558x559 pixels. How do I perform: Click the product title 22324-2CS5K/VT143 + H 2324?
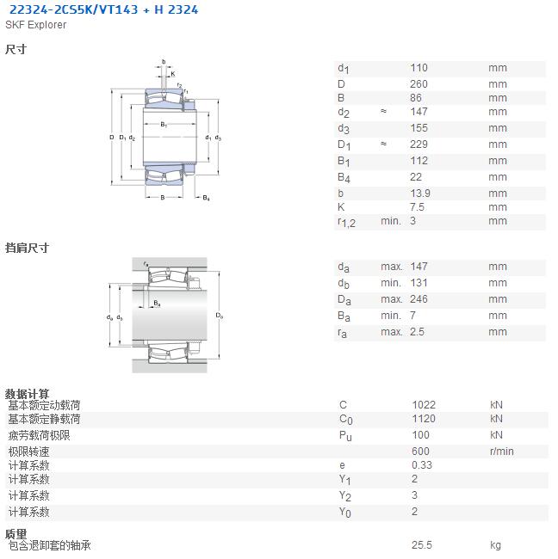(x=103, y=9)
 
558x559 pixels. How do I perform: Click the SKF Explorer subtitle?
(x=35, y=25)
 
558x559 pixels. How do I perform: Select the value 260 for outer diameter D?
(x=418, y=84)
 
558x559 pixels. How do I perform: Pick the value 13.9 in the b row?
(x=420, y=193)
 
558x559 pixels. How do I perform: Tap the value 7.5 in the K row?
(x=418, y=207)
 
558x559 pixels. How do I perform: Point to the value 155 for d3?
(x=418, y=128)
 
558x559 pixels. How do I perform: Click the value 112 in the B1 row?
(x=418, y=161)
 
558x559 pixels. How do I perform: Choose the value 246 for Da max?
(x=418, y=299)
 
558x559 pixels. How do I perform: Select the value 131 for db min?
(x=418, y=283)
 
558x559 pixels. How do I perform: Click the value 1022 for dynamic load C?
(x=424, y=405)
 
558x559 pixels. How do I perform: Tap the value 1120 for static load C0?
(x=424, y=419)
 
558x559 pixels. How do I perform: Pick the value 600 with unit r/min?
(x=420, y=451)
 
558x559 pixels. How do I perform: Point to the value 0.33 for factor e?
(x=422, y=465)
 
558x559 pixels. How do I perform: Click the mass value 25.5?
(x=422, y=545)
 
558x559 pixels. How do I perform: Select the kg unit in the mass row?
(x=495, y=545)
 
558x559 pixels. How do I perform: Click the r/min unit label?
(x=501, y=451)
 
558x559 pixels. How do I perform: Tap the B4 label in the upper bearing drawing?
(x=207, y=198)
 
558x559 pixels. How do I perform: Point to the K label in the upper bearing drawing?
(x=173, y=74)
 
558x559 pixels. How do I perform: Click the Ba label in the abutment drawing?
(x=157, y=304)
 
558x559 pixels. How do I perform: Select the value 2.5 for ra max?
(x=417, y=332)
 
